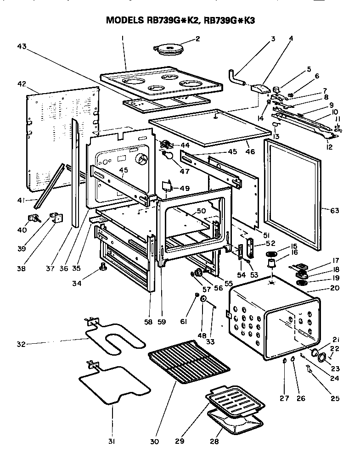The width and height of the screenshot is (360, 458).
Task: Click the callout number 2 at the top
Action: coord(197,39)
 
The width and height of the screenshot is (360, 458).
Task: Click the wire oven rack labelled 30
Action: coord(189,361)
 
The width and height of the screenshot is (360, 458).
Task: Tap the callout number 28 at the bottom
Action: coord(214,441)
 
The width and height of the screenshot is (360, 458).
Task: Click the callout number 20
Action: coord(334,288)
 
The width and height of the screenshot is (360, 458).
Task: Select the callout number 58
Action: coord(148,323)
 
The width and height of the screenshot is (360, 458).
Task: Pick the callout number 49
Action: coord(184,188)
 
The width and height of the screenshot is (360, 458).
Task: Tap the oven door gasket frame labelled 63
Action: coord(292,195)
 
